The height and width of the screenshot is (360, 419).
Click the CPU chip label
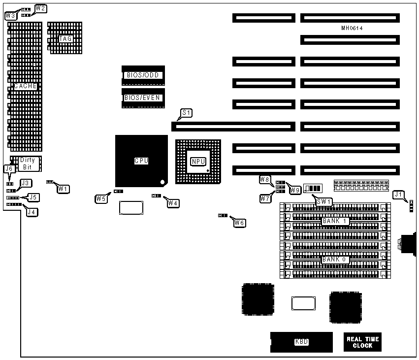[x=141, y=161]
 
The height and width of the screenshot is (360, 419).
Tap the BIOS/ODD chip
[x=142, y=75]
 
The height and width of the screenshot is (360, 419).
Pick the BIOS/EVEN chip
[x=142, y=98]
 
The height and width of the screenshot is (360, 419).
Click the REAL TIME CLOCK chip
[x=362, y=342]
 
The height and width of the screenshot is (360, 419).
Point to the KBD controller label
[x=301, y=342]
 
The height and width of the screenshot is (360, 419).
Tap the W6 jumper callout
[x=239, y=223]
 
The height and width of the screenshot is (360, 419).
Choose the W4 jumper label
[x=173, y=202]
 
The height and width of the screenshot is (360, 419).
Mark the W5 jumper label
[x=101, y=199]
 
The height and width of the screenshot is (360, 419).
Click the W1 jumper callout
[x=63, y=188]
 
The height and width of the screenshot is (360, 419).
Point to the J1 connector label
[x=399, y=195]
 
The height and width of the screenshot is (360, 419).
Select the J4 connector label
[x=32, y=212]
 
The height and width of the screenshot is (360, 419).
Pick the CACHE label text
[x=25, y=86]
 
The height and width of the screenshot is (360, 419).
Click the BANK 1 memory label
[x=335, y=222]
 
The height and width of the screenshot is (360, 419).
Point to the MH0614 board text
[x=352, y=29]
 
